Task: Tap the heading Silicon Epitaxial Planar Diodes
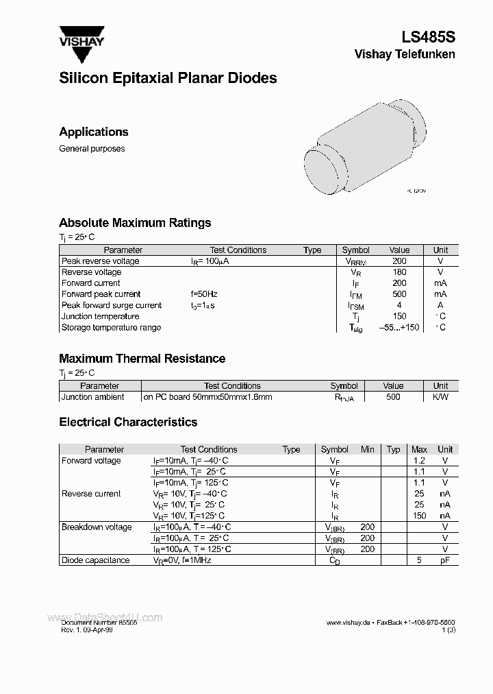coord(168,78)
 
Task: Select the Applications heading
coord(94,132)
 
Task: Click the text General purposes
coord(92,149)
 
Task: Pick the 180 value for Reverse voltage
coord(399,272)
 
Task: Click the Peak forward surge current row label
coord(112,305)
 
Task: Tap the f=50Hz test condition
coord(204,294)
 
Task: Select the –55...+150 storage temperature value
coord(399,328)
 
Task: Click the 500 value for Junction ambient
coord(393,397)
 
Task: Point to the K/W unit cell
coord(440,397)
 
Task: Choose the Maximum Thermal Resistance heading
coord(142,359)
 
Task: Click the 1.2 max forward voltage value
coord(419,461)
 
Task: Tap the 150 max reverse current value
coord(419,516)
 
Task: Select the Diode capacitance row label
coord(95,560)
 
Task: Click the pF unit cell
coord(445,560)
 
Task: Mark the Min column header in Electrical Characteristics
coord(368,450)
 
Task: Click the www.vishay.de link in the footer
coord(349,622)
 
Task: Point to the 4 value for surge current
coord(399,305)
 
